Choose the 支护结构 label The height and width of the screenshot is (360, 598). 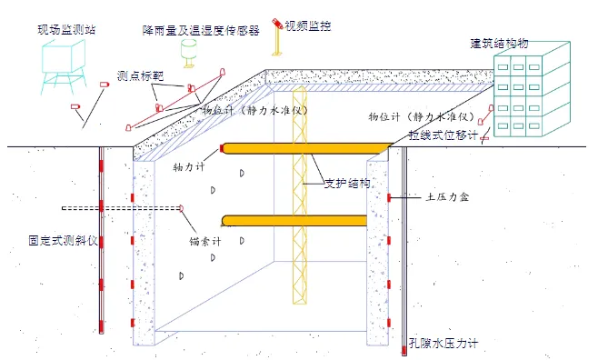point(347,183)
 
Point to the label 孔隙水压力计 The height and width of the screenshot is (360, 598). point(443,343)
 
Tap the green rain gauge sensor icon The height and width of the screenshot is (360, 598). point(190,52)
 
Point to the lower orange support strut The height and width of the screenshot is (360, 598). point(295,218)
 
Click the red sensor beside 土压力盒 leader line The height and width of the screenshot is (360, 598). point(388,197)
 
